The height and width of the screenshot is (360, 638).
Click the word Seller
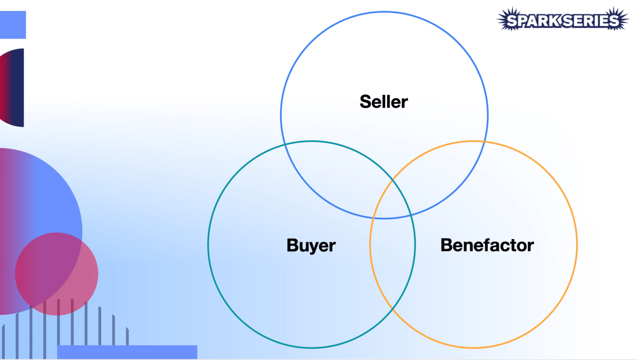[x=384, y=102]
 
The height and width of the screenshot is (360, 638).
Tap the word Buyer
[x=311, y=245]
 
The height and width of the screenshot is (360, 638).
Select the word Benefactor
[x=487, y=245]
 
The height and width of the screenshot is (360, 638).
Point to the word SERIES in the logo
[x=591, y=21]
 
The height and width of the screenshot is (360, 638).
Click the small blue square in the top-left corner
[x=12, y=25]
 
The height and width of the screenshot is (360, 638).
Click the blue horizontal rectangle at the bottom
[x=127, y=352]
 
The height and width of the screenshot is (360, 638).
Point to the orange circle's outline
[x=577, y=244]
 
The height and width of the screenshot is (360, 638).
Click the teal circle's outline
[x=208, y=244]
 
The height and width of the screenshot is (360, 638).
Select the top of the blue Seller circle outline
[x=384, y=12]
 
